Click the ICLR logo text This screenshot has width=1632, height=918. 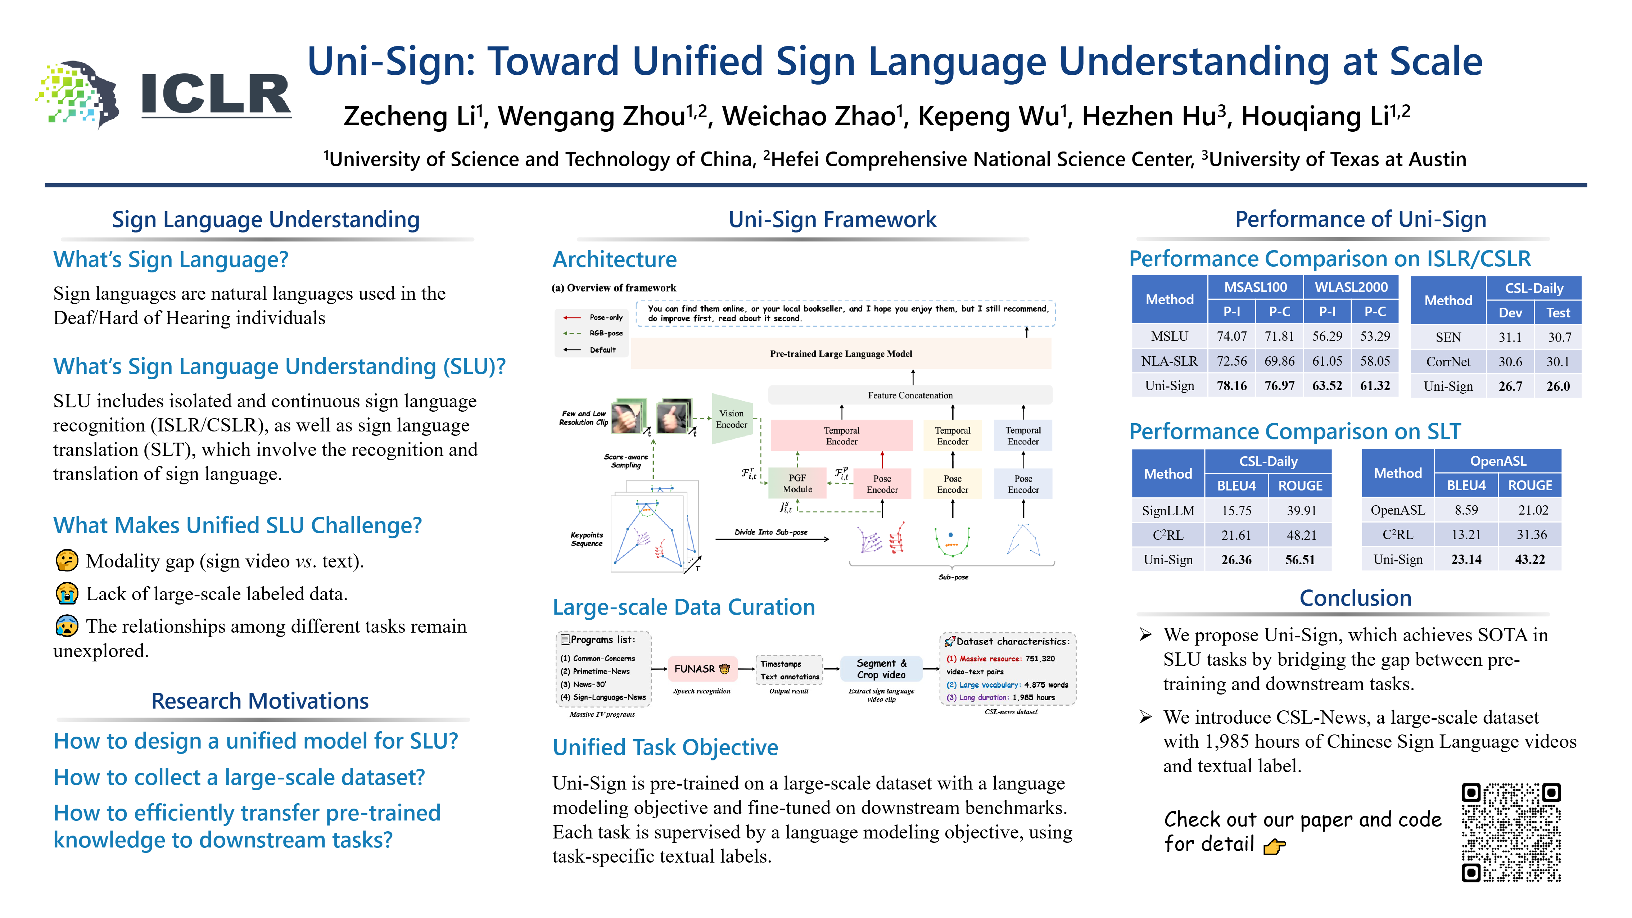tap(216, 95)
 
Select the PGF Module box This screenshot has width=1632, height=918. tap(797, 483)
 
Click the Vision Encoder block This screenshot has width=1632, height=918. tap(731, 419)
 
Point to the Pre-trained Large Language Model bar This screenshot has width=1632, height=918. tap(841, 353)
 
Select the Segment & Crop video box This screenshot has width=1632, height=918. tap(881, 668)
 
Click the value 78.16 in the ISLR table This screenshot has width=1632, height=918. tap(1231, 386)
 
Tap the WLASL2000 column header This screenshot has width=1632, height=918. tap(1351, 287)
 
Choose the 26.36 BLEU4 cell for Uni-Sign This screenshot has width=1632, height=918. tap(1236, 560)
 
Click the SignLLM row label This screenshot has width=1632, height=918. tap(1168, 511)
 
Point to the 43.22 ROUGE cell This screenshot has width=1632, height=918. tap(1529, 560)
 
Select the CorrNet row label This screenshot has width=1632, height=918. tap(1448, 362)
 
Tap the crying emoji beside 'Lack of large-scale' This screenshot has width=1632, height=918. tap(67, 594)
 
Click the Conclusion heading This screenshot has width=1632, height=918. tap(1355, 598)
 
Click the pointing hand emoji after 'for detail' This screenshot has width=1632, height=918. tap(1274, 846)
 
